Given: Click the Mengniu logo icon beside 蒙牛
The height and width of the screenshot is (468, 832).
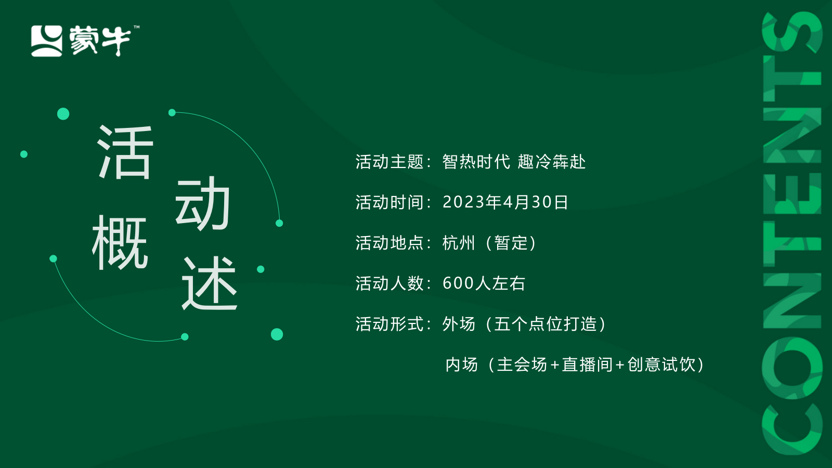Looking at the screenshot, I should pos(47,41).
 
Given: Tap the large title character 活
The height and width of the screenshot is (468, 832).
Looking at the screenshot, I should pos(125,152).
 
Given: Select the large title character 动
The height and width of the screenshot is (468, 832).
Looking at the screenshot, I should pos(202,203).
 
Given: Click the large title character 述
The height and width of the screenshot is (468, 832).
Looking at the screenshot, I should pos(209,283).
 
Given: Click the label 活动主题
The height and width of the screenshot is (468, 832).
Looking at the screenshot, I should pos(389,162).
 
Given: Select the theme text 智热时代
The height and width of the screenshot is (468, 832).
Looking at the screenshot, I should pos(476,162).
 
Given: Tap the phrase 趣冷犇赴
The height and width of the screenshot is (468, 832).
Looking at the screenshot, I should pos(552,162).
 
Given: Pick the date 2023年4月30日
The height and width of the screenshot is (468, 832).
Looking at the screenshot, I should pos(505,202).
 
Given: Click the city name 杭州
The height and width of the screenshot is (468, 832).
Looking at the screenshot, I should pos(459,243).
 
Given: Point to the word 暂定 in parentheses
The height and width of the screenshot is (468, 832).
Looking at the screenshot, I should pos(511,243).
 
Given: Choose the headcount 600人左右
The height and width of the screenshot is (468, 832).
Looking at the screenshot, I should pos(484,283).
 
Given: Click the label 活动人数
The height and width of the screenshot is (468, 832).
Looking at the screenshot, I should pos(389,283).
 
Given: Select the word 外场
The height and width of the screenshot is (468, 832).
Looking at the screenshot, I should pos(459,324).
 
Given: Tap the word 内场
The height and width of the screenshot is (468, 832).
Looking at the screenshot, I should pos(461,365).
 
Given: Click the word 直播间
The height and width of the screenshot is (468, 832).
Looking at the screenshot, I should pos(587,365).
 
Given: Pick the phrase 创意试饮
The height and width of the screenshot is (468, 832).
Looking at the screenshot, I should pos(661,365).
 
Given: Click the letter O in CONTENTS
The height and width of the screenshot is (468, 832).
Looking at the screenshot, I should pos(792,367).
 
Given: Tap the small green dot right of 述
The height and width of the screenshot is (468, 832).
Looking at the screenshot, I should pos(261,269).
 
